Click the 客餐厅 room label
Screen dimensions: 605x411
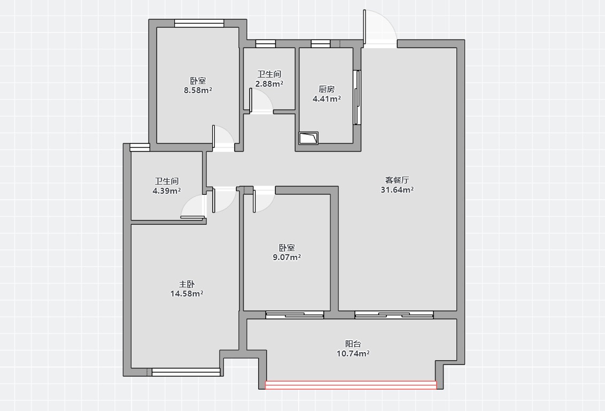[397, 180]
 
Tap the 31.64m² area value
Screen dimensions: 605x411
[397, 189]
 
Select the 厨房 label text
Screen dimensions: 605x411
[327, 89]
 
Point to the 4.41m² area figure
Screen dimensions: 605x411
[327, 98]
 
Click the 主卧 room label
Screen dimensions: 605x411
[187, 284]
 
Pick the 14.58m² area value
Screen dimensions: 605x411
[187, 294]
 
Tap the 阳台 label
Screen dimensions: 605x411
[353, 344]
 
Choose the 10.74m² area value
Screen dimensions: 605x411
[353, 353]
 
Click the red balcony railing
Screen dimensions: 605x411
[351, 385]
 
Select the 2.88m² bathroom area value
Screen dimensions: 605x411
[269, 84]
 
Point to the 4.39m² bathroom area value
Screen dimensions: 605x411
[167, 191]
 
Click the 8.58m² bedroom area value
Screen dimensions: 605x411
[198, 90]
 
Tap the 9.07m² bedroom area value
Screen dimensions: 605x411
[286, 257]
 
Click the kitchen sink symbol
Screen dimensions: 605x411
[308, 138]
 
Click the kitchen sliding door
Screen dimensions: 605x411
[358, 97]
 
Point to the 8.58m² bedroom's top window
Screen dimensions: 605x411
[199, 23]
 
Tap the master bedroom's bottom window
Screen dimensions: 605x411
[186, 372]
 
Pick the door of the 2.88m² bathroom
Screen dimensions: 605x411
[261, 101]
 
